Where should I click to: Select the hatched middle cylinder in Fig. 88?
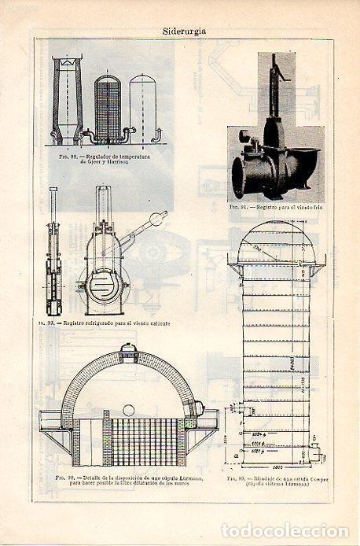(x=108, y=106)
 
